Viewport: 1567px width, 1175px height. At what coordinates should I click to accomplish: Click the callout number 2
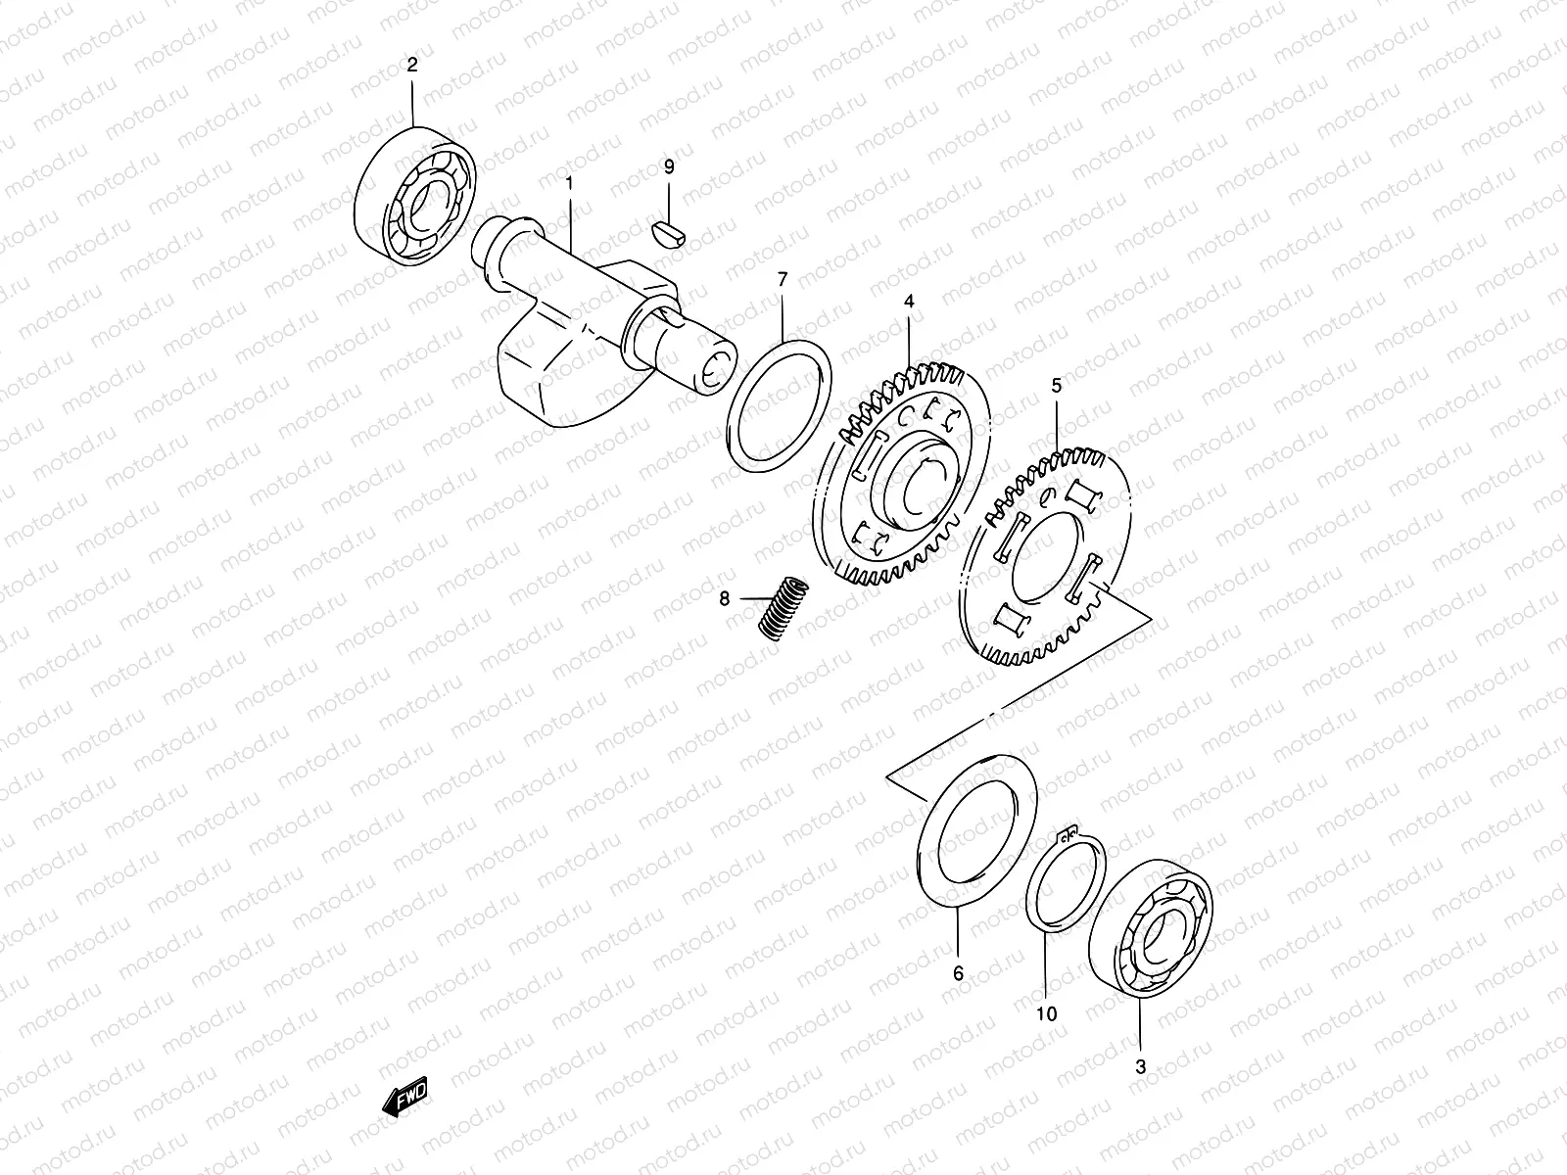(x=411, y=66)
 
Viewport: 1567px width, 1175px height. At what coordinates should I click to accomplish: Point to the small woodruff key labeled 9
(x=670, y=231)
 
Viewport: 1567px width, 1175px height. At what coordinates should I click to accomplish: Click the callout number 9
(x=669, y=167)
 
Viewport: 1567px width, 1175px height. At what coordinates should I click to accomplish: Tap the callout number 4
(x=909, y=303)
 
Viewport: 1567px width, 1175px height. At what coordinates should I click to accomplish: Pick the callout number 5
(x=1056, y=387)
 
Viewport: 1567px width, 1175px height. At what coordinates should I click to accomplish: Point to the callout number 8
(x=725, y=597)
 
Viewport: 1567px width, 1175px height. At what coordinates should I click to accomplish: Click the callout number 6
(x=958, y=973)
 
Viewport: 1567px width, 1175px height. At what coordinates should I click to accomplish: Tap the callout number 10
(x=1046, y=1014)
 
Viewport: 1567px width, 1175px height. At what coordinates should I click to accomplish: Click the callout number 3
(x=1140, y=1067)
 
